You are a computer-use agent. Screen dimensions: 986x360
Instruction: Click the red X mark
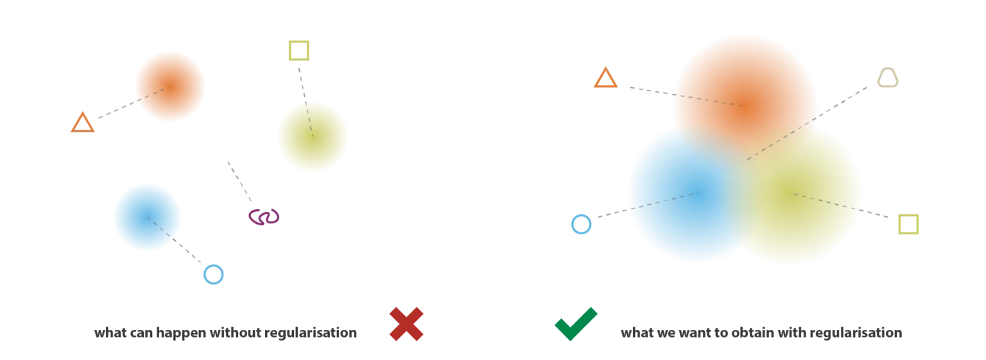tap(406, 324)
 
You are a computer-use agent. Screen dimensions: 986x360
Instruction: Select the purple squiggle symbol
tap(264, 217)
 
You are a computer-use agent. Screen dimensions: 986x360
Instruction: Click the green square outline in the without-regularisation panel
tap(290, 51)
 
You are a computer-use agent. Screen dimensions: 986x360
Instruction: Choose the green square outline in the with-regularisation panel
tap(899, 225)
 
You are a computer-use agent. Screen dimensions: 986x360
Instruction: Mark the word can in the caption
tap(141, 333)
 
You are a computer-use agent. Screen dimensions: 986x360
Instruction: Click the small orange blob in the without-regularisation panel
tap(170, 86)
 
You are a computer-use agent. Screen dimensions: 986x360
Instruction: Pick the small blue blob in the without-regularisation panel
tap(148, 217)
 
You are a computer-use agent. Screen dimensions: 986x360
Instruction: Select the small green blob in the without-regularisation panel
tap(312, 136)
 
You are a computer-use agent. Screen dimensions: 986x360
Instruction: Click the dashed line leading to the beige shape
tap(808, 123)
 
